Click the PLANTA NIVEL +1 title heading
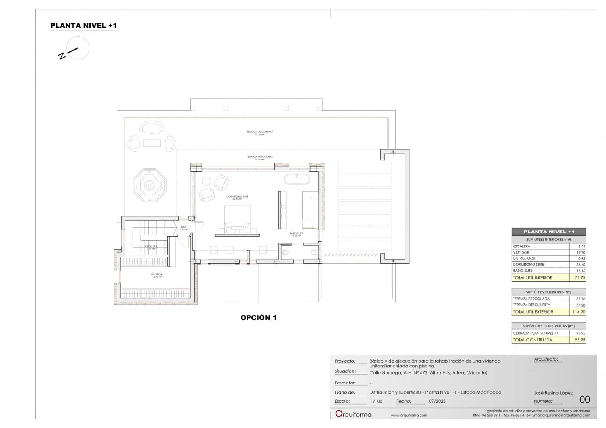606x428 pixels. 84,26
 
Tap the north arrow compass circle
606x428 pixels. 78,48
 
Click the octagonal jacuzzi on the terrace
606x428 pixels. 150,185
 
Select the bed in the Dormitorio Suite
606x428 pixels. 237,218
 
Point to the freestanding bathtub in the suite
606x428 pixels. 297,179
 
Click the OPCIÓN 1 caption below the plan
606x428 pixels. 259,317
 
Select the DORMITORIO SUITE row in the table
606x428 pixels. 529,265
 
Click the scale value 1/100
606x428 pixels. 376,401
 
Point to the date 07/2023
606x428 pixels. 437,401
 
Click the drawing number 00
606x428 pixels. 584,400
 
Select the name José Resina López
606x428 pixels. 553,393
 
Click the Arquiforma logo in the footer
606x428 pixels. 353,414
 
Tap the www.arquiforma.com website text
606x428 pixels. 409,415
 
